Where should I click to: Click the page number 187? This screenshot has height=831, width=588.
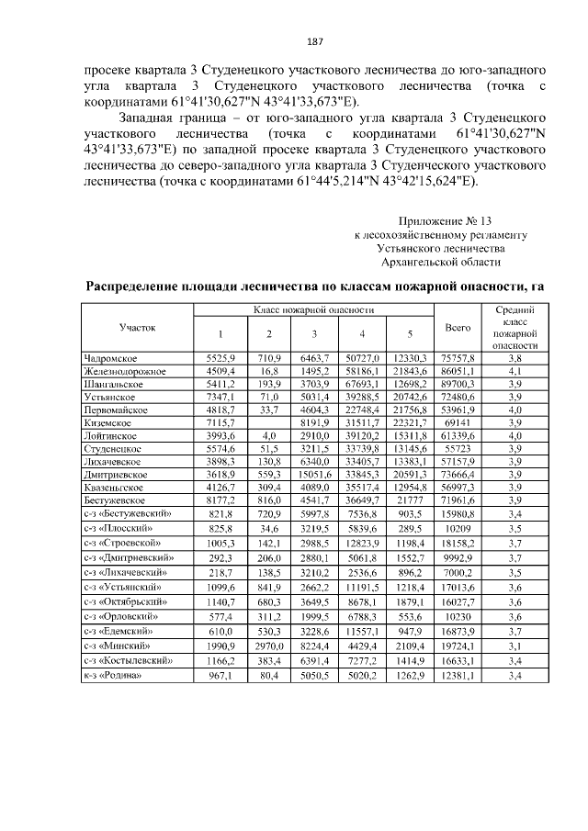[x=294, y=40]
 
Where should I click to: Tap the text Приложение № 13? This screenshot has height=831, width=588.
[x=446, y=221]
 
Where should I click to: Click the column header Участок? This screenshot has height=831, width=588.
[x=138, y=327]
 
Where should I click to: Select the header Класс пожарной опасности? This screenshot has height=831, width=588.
[x=313, y=312]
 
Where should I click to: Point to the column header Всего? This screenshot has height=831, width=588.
[x=458, y=327]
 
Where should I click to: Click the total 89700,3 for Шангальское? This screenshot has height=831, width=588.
[x=458, y=383]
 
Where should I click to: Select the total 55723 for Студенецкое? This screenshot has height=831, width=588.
[x=458, y=449]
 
